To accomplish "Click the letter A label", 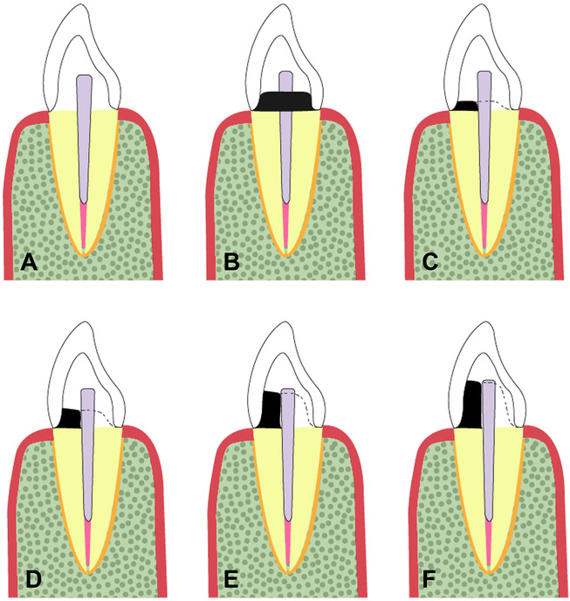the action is point(29,263).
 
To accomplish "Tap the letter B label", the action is point(232,263).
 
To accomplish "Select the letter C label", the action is point(429,263).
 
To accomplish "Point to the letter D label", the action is point(33,580).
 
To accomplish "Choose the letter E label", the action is point(231,580).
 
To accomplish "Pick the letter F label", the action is point(429,580).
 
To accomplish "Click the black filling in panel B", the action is point(285,101).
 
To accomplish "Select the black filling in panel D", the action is point(69,418).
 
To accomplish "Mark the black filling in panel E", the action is point(271,410).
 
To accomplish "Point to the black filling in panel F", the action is point(472,404).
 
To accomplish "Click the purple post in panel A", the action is point(85,139).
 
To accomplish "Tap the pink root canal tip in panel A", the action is point(84,226).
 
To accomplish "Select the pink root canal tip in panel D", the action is point(88,543).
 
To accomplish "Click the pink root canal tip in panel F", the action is point(489,543).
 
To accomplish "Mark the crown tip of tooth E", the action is point(285,322).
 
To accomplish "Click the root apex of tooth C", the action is point(485,254).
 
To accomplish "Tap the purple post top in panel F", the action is point(489,382).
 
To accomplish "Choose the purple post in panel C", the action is point(484,137).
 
